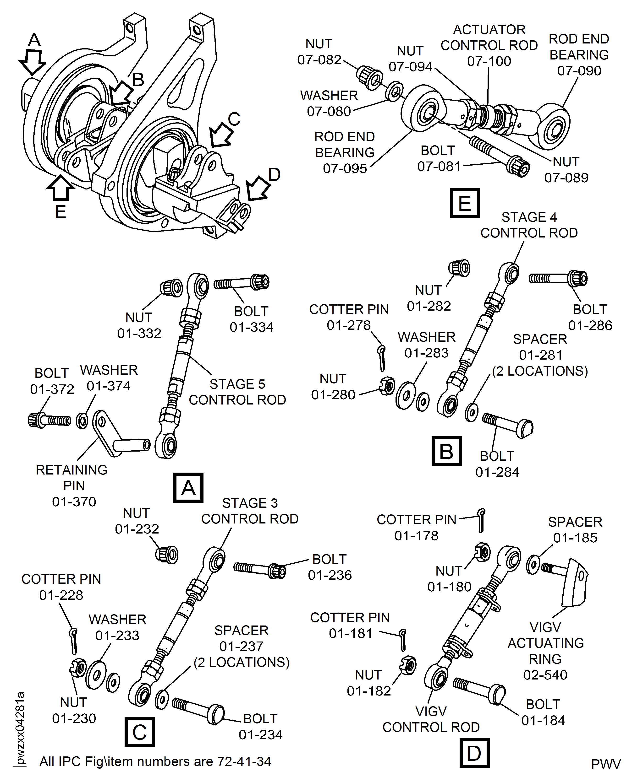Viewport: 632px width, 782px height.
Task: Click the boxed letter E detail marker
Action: click(465, 203)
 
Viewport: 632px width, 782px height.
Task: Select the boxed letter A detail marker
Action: click(188, 487)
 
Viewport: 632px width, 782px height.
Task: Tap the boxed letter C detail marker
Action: click(139, 732)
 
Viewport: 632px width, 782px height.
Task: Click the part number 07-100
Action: click(489, 61)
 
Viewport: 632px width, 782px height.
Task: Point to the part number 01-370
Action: click(74, 502)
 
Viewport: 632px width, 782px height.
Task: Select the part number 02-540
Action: click(545, 675)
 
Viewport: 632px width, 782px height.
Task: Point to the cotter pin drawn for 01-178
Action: click(481, 520)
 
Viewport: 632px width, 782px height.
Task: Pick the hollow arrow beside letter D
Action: click(257, 189)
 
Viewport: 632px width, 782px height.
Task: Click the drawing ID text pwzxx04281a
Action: click(20, 728)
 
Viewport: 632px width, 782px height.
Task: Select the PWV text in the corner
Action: click(605, 764)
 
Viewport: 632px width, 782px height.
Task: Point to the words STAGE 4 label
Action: click(529, 217)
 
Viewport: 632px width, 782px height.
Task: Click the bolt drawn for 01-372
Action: click(49, 420)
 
